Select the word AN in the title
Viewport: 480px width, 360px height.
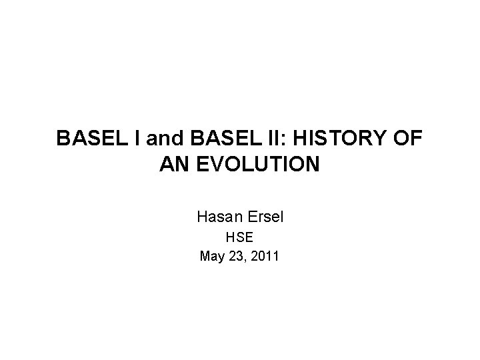tap(173, 164)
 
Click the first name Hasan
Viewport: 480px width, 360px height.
tap(217, 217)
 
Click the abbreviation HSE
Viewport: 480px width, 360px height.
tap(240, 237)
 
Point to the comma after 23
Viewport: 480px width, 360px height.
tap(246, 257)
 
